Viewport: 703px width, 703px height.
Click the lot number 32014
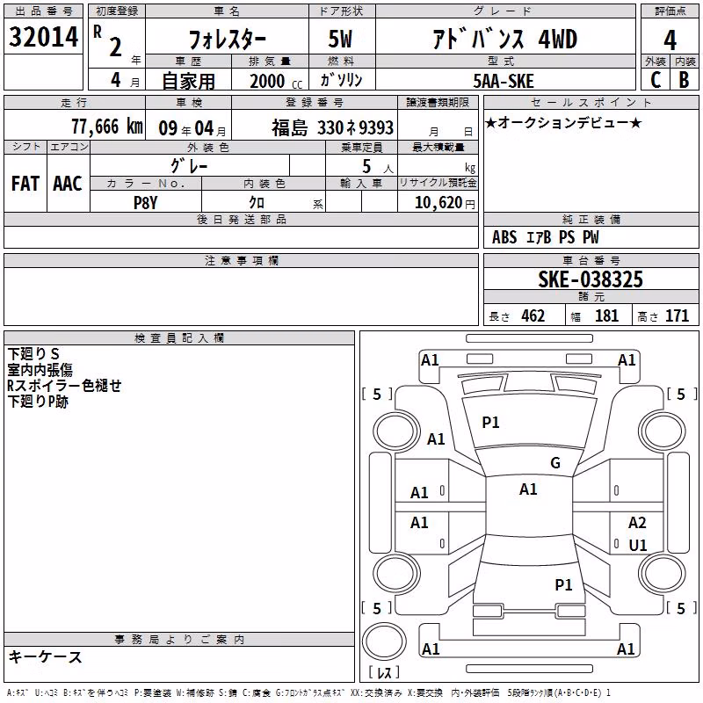coord(43,37)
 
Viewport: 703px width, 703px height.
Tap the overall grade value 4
coord(670,40)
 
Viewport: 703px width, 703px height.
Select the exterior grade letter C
coord(656,80)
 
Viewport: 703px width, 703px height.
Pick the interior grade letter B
coord(684,80)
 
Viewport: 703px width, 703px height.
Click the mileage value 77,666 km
coord(107,127)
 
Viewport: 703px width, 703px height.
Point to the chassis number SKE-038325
coord(591,279)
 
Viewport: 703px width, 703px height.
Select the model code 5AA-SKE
coord(504,81)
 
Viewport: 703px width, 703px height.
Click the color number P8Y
coord(146,203)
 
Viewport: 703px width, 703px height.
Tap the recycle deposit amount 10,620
coord(438,203)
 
